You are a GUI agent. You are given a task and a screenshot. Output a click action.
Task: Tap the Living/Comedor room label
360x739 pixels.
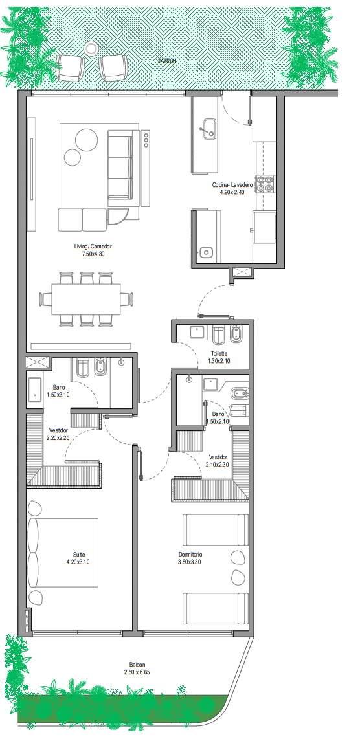(93, 247)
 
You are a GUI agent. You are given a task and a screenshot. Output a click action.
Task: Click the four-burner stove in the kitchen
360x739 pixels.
(265, 184)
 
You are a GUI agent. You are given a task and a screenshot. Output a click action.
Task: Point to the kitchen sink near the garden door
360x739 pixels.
(208, 128)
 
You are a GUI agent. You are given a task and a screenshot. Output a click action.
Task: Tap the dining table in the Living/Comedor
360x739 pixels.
(86, 299)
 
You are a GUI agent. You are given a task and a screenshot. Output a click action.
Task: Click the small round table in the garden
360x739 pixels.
(90, 48)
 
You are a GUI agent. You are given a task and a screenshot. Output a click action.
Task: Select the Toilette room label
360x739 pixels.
(219, 354)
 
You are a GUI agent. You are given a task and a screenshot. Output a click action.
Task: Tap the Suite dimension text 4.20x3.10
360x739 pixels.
(79, 561)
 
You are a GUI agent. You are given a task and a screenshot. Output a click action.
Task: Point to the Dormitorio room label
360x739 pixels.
(190, 554)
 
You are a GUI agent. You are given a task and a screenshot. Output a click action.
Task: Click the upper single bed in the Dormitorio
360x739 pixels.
(216, 529)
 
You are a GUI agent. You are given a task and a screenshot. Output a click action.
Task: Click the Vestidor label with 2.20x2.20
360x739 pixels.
(58, 434)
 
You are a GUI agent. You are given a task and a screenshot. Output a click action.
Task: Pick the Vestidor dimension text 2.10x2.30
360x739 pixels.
(218, 464)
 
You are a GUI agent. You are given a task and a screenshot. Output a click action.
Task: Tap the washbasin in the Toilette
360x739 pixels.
(198, 332)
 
